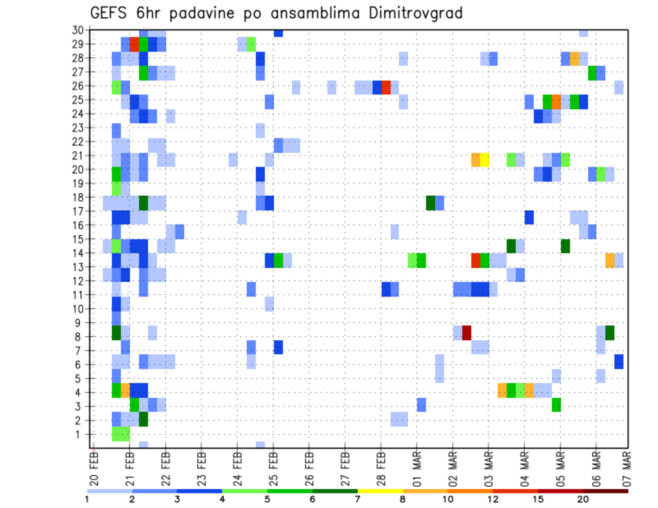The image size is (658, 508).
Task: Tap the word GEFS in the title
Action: pos(110,12)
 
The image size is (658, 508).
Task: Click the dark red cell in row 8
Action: pos(467,333)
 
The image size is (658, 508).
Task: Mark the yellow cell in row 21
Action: pos(485,160)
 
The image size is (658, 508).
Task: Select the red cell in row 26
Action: pos(387,87)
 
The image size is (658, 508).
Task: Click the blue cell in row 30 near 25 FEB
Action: pos(278,33)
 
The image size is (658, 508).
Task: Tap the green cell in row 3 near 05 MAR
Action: pos(557,405)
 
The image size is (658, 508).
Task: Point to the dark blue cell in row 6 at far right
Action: pos(619,361)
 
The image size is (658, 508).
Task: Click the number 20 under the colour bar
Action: pos(583,499)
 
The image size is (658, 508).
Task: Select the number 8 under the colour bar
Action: pos(402,499)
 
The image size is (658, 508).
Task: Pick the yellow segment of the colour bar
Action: pos(380,490)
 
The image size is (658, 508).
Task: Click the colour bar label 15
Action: pos(538,499)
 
